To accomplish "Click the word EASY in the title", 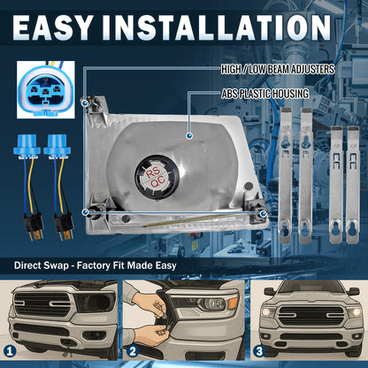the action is click(52, 27).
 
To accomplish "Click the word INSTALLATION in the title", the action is click(217, 27).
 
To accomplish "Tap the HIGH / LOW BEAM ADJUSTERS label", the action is click(278, 69).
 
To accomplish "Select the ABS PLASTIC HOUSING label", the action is click(265, 94).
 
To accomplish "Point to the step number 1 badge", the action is click(10, 351).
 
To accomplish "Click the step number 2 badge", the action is click(133, 351).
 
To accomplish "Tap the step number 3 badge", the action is click(259, 351).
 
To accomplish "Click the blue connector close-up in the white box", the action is click(46, 90).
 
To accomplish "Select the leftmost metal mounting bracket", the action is click(286, 175).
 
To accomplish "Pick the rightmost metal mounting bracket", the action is click(353, 185).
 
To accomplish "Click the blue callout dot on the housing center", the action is click(189, 135).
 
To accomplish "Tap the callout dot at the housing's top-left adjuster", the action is click(84, 103).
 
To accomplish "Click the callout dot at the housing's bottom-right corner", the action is click(263, 212).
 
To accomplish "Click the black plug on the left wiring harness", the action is click(33, 224).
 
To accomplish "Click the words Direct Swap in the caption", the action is click(41, 265).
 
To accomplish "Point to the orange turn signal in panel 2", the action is click(233, 303).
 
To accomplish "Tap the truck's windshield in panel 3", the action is click(310, 287).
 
